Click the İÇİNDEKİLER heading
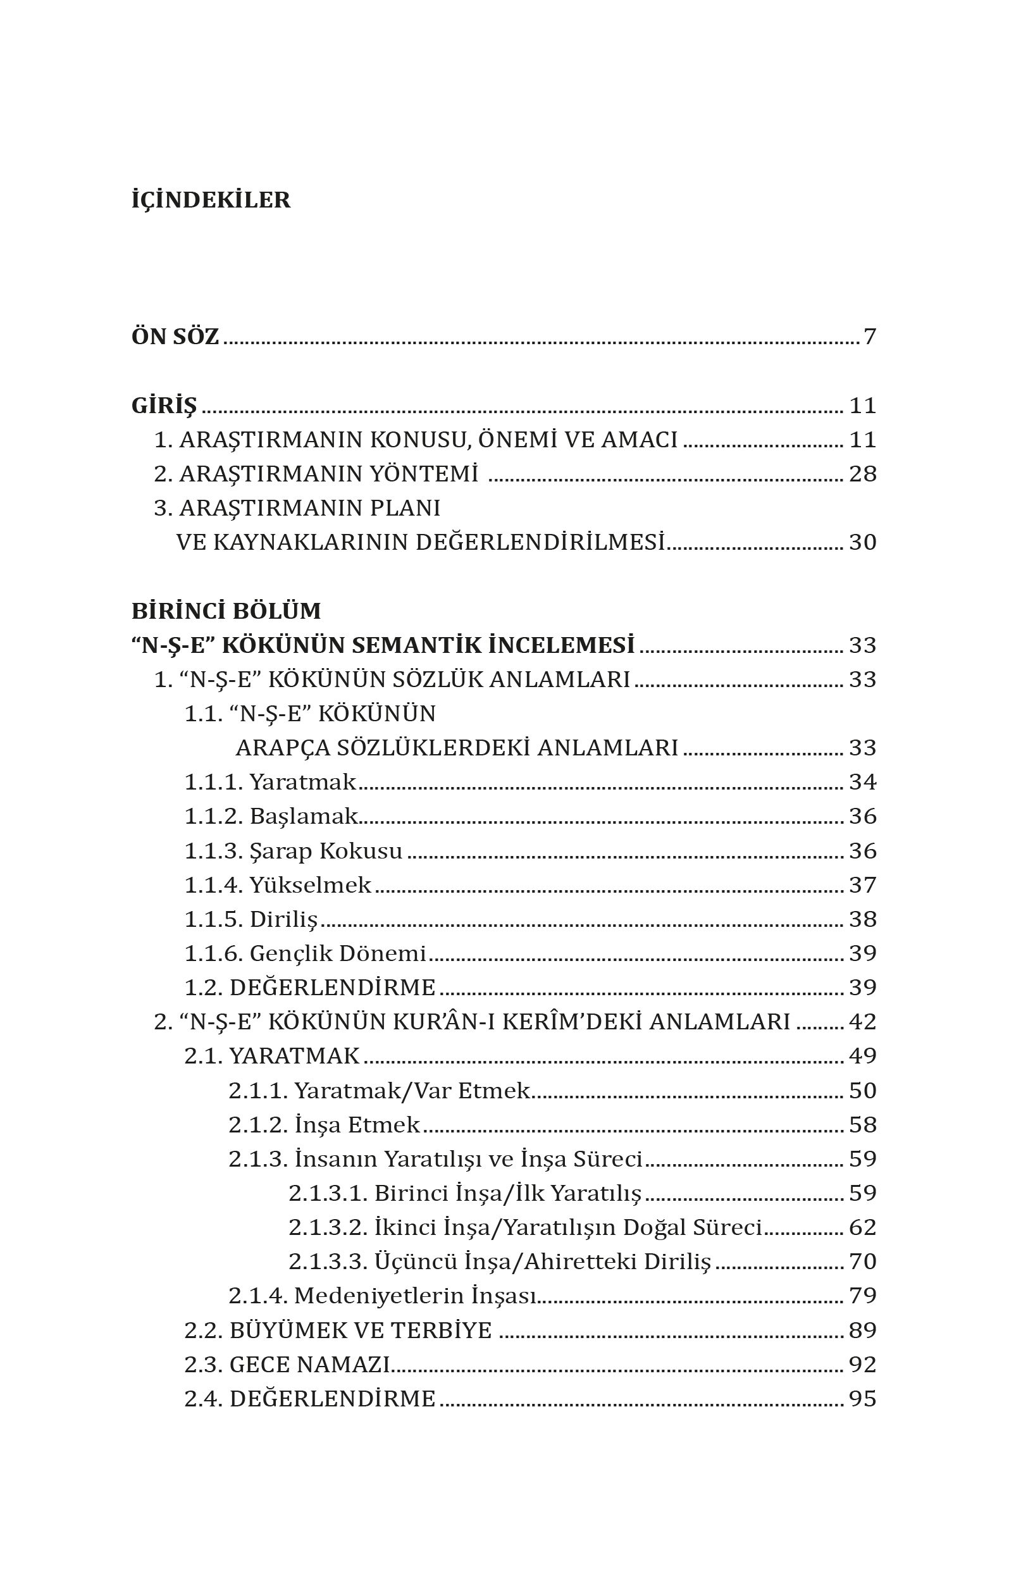coord(211,200)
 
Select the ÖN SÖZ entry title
coord(176,337)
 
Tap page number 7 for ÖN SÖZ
coord(869,337)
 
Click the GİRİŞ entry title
coord(164,406)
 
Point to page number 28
coord(862,474)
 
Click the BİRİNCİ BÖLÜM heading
coord(226,611)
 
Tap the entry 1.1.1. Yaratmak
coord(270,781)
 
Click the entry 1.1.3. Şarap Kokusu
coord(293,850)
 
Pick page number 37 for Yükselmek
coord(862,885)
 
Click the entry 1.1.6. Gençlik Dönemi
coord(305,953)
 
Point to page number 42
coord(862,1022)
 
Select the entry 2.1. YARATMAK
coord(272,1056)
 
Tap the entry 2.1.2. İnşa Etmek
coord(325,1125)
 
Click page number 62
coord(862,1227)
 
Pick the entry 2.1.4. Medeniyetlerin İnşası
coord(383,1295)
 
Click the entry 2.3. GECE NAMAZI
coord(287,1364)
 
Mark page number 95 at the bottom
coord(862,1399)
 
